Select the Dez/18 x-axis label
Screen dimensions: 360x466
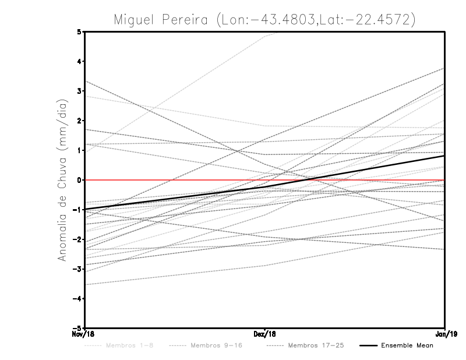coord(265,334)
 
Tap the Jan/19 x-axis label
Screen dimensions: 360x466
coord(445,334)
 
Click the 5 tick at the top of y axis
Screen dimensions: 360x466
coord(79,31)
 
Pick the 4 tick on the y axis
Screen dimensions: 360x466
coord(79,61)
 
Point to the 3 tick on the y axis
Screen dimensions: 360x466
coord(79,91)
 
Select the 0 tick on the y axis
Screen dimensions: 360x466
coord(79,180)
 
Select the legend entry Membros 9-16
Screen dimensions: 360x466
coord(216,346)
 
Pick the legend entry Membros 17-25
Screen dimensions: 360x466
coord(316,346)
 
